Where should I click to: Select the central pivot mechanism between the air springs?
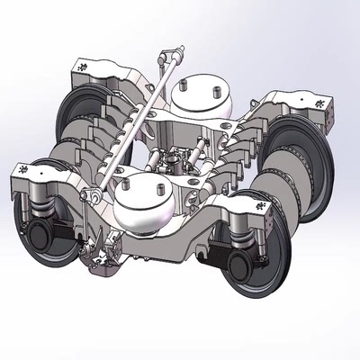(180, 162)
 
